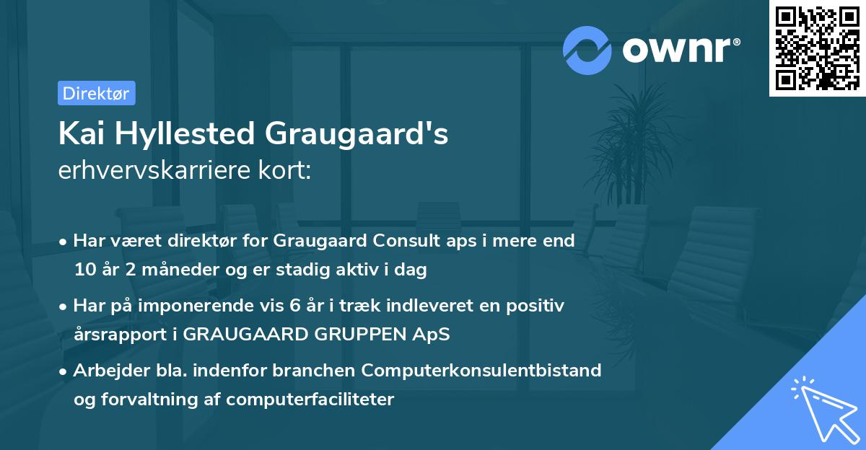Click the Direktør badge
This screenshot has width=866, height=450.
click(x=96, y=93)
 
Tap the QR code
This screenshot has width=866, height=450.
click(x=817, y=48)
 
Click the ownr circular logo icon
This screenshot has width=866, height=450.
click(x=588, y=50)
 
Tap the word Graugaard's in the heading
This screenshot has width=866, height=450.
click(x=357, y=134)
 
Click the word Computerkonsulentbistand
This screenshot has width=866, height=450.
click(x=481, y=371)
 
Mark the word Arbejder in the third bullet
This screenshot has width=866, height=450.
click(x=105, y=371)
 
